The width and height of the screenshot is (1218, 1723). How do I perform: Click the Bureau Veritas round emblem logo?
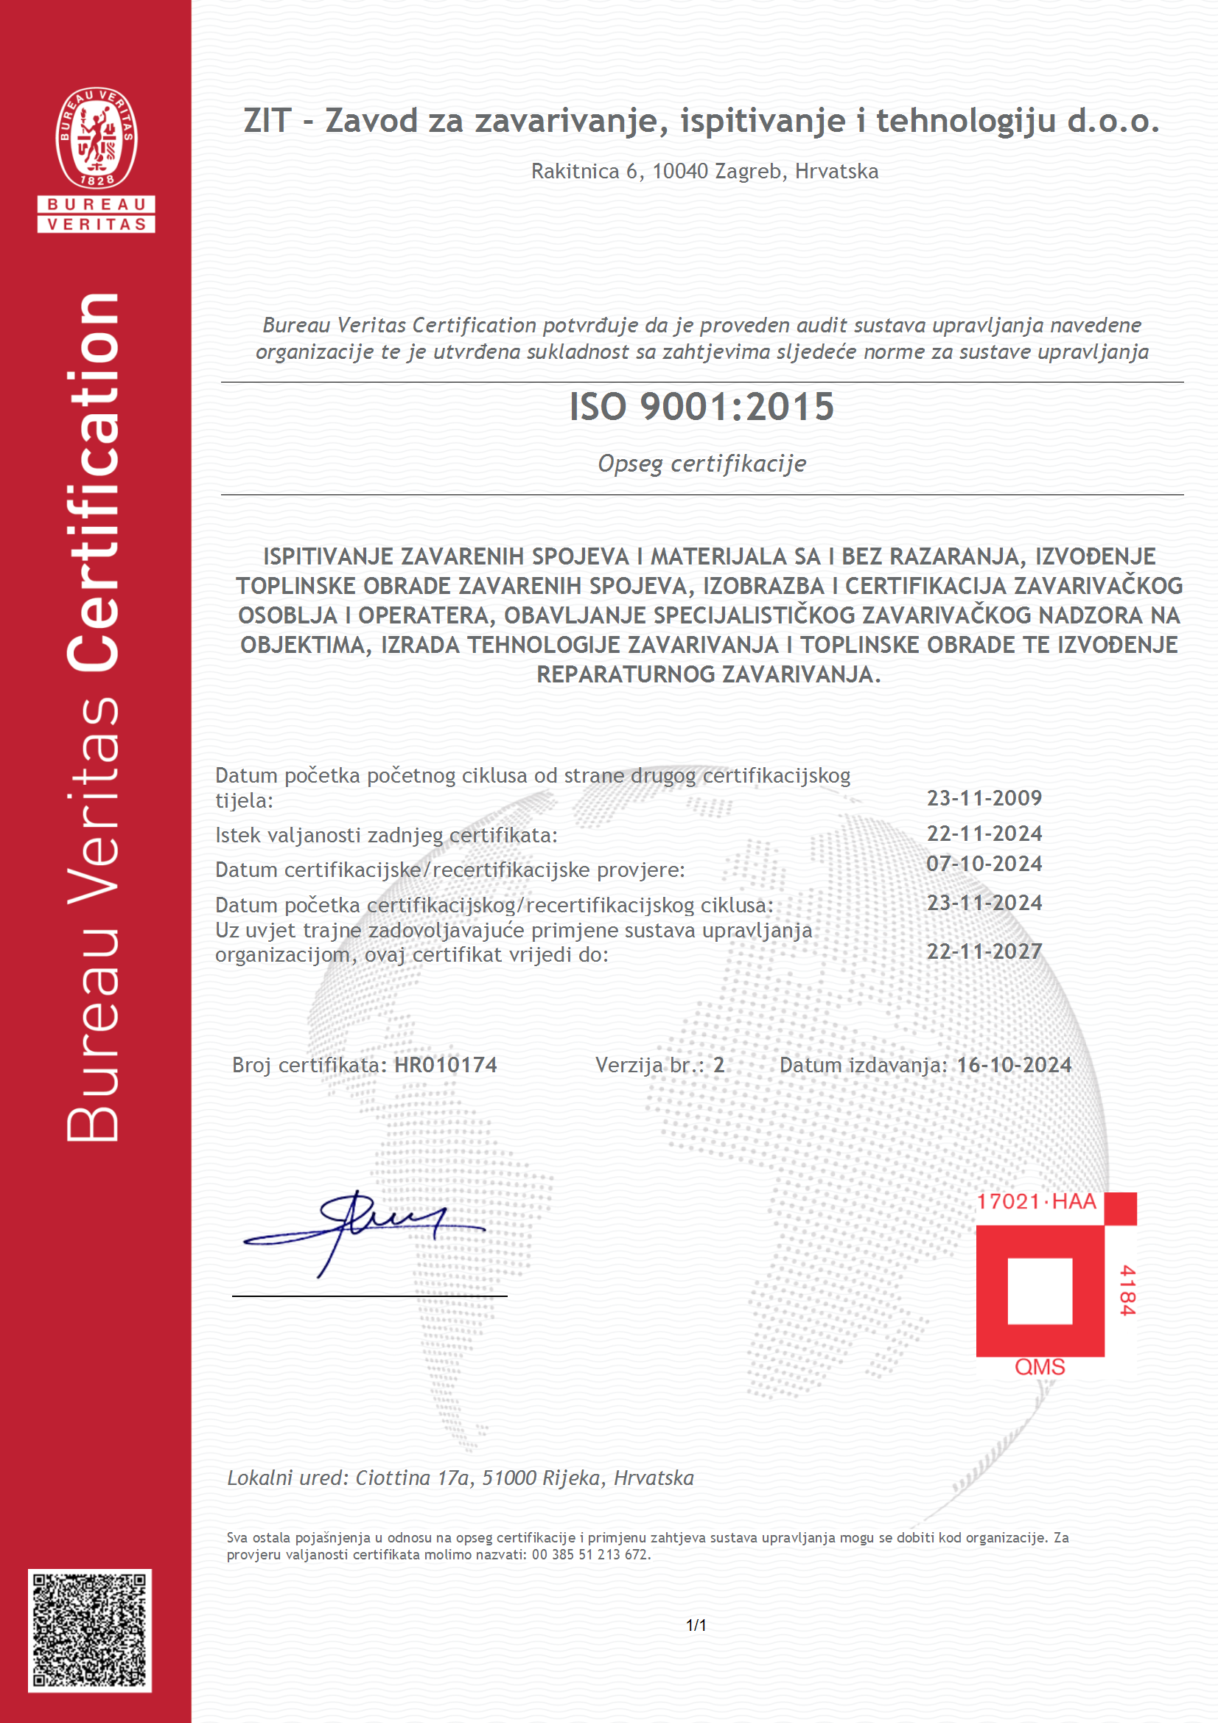[96, 137]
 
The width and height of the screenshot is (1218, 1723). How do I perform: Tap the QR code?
[90, 1631]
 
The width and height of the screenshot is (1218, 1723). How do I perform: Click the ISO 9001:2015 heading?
[701, 408]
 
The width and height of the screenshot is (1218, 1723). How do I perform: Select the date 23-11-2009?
[984, 797]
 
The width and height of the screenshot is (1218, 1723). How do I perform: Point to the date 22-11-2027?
[984, 951]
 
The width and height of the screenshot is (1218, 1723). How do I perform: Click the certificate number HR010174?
[446, 1065]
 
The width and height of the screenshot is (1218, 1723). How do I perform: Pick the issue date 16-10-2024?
[1014, 1065]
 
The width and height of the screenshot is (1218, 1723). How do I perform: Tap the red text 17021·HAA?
[1037, 1201]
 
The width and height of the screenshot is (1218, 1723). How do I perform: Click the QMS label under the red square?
[1040, 1366]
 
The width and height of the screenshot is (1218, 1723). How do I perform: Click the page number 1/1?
[696, 1625]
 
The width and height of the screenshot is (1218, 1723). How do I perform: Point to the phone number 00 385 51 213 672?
[590, 1555]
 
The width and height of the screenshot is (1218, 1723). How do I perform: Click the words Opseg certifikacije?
[701, 464]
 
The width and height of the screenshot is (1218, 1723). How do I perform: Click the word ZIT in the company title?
[267, 121]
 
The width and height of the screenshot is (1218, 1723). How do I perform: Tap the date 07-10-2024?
[984, 864]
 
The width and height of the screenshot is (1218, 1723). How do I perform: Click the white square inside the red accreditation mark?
[1040, 1290]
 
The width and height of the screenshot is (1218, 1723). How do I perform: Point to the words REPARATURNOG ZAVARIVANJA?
[707, 674]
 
